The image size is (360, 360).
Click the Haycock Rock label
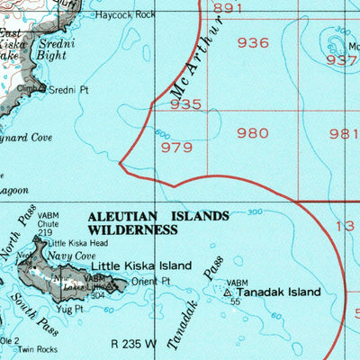(x=125, y=15)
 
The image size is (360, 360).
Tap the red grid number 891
(x=229, y=8)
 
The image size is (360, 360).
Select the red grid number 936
(x=253, y=42)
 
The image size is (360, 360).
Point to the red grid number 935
(x=185, y=104)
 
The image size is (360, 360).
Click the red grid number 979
(x=176, y=148)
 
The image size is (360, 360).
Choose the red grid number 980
(x=253, y=133)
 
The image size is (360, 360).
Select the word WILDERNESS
(x=131, y=230)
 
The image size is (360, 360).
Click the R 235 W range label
(x=134, y=343)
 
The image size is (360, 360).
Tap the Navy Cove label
(x=72, y=256)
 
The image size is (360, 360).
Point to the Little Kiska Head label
(x=77, y=243)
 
